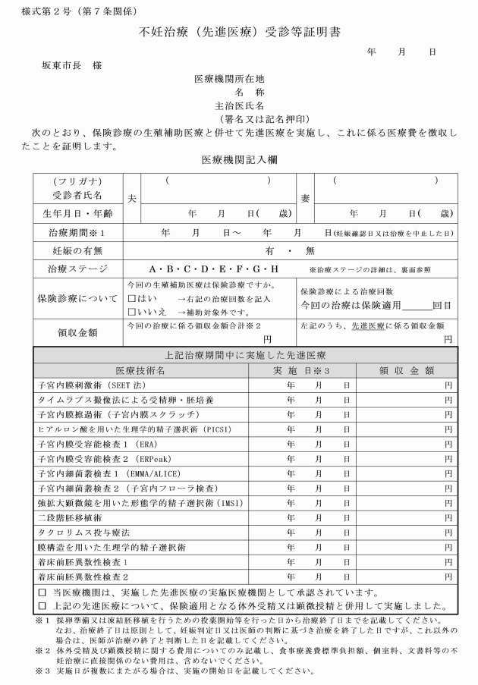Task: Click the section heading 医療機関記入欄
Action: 240,161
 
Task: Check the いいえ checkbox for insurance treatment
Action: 133,311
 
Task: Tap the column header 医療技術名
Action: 140,370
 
